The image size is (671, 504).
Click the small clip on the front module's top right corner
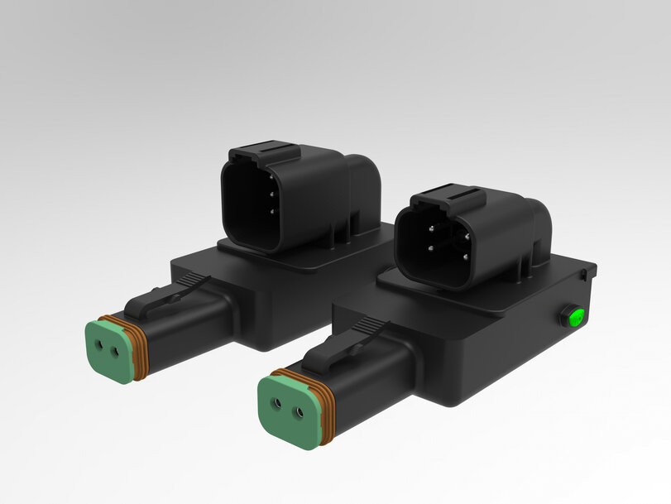(x=586, y=271)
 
